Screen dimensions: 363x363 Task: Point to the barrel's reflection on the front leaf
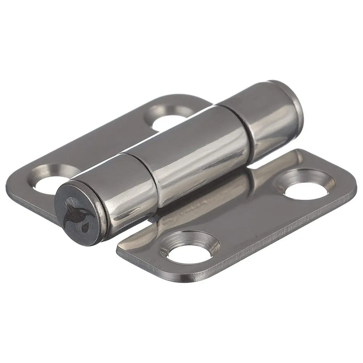click(x=203, y=203)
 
